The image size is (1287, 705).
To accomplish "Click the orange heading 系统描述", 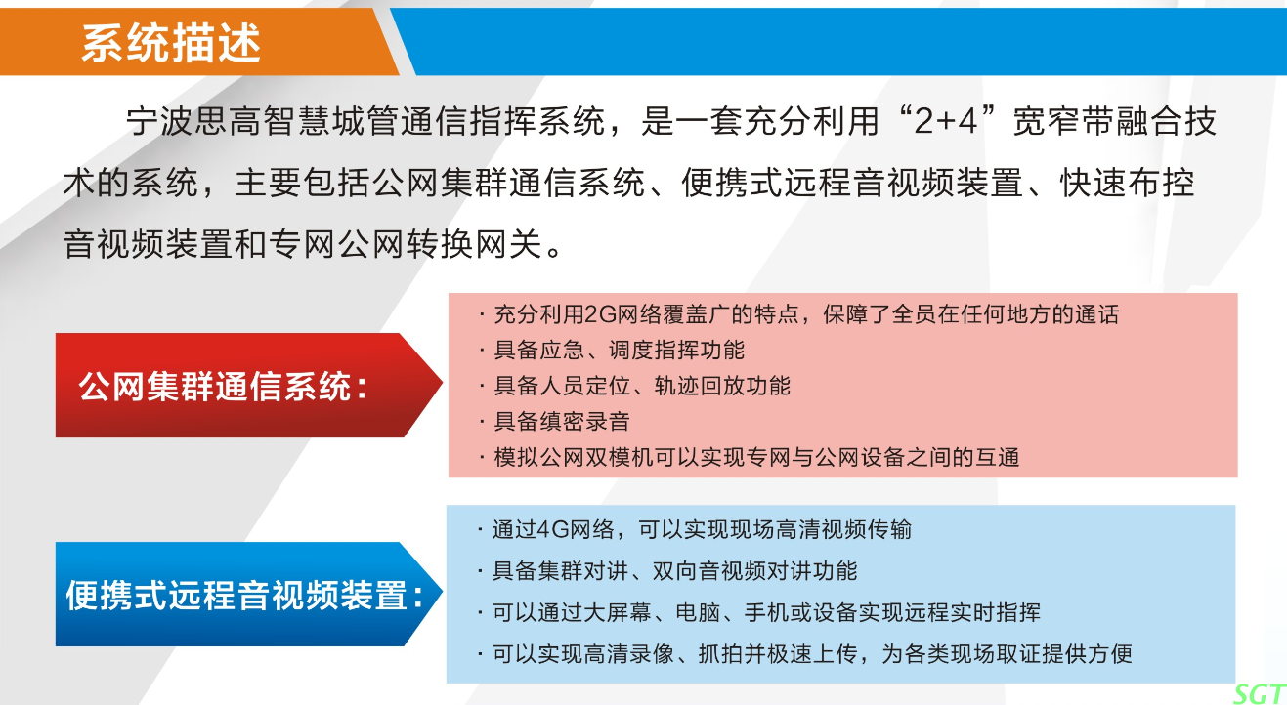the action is [171, 43].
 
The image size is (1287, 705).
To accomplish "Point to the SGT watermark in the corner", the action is [1260, 694].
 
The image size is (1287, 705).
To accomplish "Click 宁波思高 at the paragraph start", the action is [194, 121].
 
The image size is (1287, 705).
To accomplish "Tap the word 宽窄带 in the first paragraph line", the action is [1063, 121].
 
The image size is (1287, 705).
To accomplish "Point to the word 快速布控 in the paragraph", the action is [1128, 183].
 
